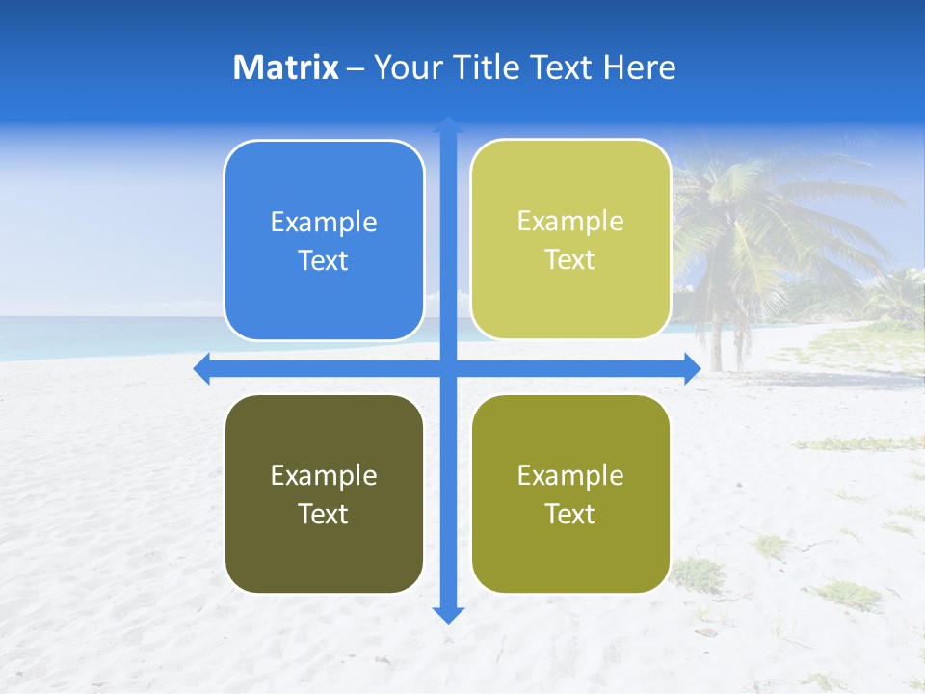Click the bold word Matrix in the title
click(285, 67)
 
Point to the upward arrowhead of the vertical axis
click(448, 124)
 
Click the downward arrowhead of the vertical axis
click(448, 614)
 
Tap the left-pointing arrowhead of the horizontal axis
click(201, 369)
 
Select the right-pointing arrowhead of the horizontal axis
click(692, 369)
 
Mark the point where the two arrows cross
click(448, 369)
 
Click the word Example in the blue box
click(324, 223)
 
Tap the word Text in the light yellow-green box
click(570, 260)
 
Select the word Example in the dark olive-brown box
click(324, 475)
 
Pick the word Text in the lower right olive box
click(570, 514)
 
